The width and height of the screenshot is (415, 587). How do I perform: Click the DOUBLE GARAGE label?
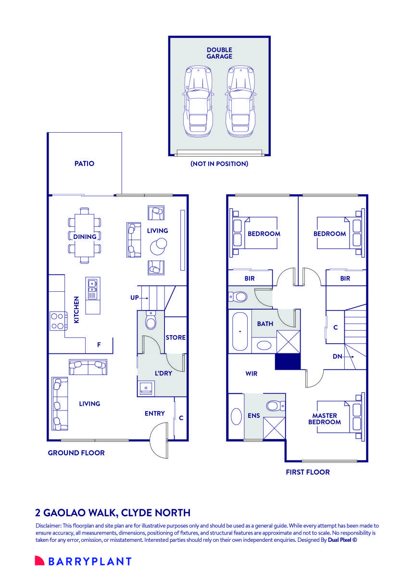pyautogui.click(x=219, y=53)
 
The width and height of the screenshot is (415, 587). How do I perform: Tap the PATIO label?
pyautogui.click(x=84, y=163)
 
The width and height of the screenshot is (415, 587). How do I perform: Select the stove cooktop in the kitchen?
pyautogui.click(x=58, y=321)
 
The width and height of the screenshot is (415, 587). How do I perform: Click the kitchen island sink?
pyautogui.click(x=92, y=287)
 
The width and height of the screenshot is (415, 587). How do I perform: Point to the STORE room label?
pyautogui.click(x=176, y=337)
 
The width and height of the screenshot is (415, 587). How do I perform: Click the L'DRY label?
pyautogui.click(x=163, y=373)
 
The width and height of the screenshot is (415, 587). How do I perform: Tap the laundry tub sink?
pyautogui.click(x=146, y=388)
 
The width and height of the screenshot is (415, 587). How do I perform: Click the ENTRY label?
pyautogui.click(x=155, y=413)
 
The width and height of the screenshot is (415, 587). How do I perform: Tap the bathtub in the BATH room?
pyautogui.click(x=239, y=331)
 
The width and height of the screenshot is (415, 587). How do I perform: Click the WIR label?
pyautogui.click(x=251, y=374)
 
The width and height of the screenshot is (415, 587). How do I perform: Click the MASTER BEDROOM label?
pyautogui.click(x=325, y=419)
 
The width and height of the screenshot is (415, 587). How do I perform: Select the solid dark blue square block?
pyautogui.click(x=288, y=362)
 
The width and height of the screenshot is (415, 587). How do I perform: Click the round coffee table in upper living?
pyautogui.click(x=158, y=246)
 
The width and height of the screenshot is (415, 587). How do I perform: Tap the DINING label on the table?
pyautogui.click(x=85, y=237)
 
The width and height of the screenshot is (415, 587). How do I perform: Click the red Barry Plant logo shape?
pyautogui.click(x=39, y=561)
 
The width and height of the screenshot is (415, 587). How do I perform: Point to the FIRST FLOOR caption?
pyautogui.click(x=307, y=472)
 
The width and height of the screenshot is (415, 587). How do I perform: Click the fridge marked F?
pyautogui.click(x=99, y=345)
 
